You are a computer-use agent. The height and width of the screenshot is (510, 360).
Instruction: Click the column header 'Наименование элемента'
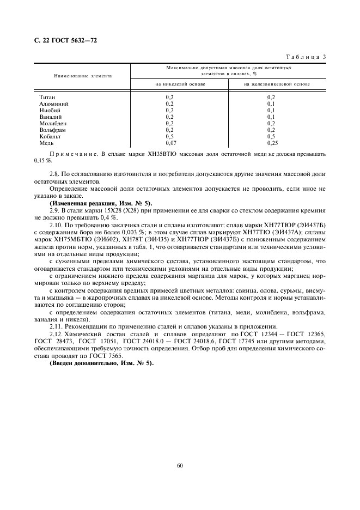(83, 76)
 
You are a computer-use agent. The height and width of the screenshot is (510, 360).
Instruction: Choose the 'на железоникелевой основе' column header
(277, 84)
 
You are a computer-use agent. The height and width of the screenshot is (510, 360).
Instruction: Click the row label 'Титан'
(47, 96)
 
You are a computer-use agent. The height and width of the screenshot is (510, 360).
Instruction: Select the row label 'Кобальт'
(50, 137)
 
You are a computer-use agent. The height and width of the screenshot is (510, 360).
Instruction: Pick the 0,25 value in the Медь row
(272, 143)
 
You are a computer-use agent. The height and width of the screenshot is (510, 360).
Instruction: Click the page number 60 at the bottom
(180, 465)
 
